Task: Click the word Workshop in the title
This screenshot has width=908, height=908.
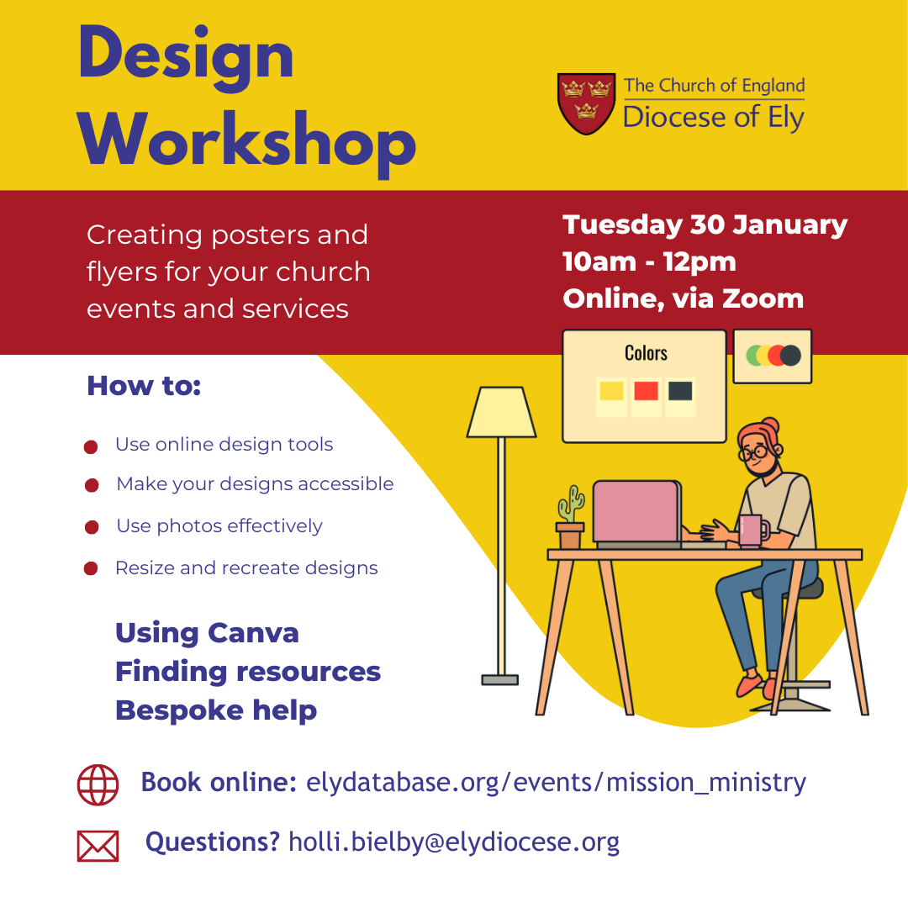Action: (x=247, y=143)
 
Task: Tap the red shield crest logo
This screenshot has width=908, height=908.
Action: (x=586, y=103)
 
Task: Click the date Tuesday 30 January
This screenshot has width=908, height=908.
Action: (x=705, y=225)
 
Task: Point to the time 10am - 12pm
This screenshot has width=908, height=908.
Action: (x=649, y=261)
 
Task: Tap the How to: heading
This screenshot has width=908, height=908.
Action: (x=144, y=386)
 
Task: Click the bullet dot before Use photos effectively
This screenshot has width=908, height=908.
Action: (x=92, y=527)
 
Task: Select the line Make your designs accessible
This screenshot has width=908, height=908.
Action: (x=255, y=484)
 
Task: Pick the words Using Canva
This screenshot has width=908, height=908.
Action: (x=207, y=633)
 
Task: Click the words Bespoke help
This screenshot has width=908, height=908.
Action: (x=216, y=710)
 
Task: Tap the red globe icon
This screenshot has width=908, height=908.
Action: (x=98, y=784)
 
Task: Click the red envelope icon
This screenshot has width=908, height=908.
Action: (x=98, y=846)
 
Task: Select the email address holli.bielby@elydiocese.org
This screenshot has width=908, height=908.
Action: (x=454, y=842)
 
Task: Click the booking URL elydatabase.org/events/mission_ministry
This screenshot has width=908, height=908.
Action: (x=556, y=783)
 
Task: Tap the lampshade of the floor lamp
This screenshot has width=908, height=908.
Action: (x=501, y=412)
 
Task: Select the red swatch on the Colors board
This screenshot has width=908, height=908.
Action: (x=646, y=391)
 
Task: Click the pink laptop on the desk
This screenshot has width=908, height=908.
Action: (x=637, y=515)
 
